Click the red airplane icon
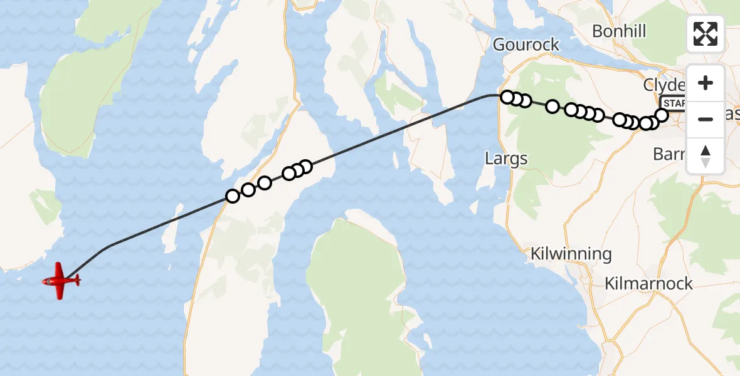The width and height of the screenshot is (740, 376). tap(60, 281)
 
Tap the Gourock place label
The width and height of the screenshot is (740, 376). tap(526, 44)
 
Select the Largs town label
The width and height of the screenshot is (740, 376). tap(506, 159)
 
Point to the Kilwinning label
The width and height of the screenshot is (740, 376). tap(571, 254)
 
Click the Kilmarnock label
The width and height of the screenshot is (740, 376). tap(648, 283)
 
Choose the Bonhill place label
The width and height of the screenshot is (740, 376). tap(618, 31)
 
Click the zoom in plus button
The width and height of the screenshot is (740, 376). tap(706, 83)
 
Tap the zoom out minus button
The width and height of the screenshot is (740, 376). tap(706, 119)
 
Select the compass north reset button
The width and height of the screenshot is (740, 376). tap(706, 155)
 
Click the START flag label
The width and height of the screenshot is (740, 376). tap(674, 103)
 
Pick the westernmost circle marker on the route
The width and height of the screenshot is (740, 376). tap(233, 196)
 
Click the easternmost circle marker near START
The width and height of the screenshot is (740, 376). tap(662, 115)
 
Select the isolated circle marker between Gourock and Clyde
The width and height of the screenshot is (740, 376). tap(552, 107)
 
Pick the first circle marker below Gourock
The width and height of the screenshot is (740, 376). tap(508, 97)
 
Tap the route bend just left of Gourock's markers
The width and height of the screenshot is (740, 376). tap(491, 96)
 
